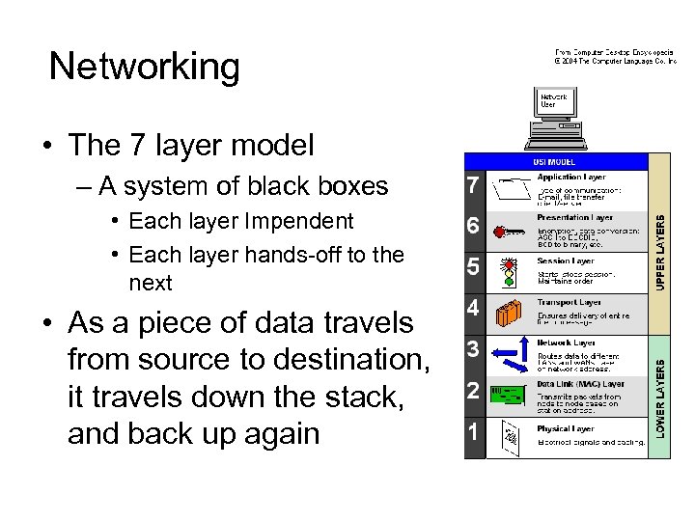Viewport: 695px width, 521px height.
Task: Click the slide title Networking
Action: click(x=144, y=67)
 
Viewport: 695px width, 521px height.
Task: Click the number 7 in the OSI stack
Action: click(x=472, y=184)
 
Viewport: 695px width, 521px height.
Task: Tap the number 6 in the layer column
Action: click(x=472, y=227)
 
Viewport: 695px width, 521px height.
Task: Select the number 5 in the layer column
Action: click(x=472, y=266)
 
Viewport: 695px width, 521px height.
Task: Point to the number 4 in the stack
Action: click(x=472, y=309)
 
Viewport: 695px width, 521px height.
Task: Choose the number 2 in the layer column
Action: click(x=472, y=390)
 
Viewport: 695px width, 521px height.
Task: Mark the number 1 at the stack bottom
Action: click(x=472, y=431)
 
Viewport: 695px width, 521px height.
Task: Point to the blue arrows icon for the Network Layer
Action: click(x=509, y=356)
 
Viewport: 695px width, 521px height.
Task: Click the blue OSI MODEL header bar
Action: click(x=555, y=161)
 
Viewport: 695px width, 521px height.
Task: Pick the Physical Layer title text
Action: click(x=567, y=428)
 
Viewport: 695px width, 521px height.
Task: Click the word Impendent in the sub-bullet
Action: click(x=300, y=221)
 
